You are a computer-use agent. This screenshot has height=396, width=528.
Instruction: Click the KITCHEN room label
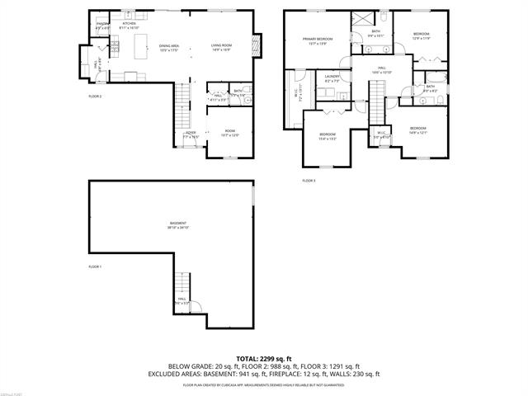click(130, 25)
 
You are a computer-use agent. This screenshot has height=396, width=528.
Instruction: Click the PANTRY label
click(103, 25)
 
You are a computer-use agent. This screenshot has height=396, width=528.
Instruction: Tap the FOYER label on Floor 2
click(190, 133)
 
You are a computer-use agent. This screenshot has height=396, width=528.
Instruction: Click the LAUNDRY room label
click(332, 78)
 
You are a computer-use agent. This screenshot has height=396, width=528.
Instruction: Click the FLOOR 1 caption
click(96, 267)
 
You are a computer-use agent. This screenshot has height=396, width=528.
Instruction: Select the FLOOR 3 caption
click(309, 180)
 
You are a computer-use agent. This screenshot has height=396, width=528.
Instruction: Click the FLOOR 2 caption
click(96, 97)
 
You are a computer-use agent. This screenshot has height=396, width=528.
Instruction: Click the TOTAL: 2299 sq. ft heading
click(264, 358)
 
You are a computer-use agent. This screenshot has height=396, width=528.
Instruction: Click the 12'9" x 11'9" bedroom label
click(422, 35)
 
